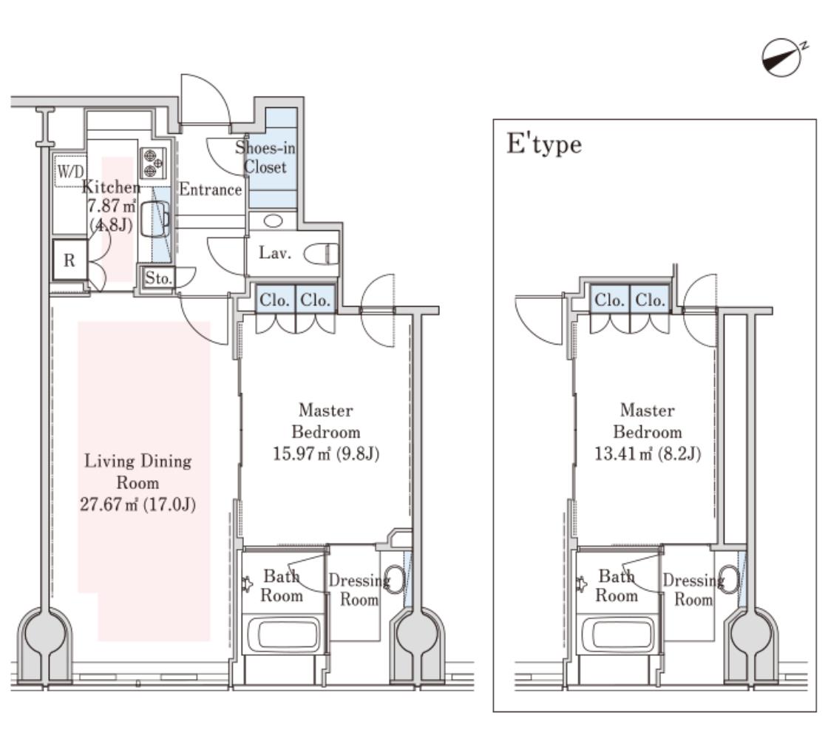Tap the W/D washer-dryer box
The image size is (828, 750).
point(70,171)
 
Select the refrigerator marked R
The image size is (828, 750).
point(69,260)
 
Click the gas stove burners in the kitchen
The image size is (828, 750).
point(153,163)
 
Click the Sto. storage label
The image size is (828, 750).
point(158,278)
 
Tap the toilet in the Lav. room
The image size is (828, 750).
point(321,254)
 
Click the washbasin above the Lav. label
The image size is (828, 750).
point(273,220)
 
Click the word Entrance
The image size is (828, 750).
point(210,189)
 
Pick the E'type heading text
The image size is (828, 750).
point(544,144)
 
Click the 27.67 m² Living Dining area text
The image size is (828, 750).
point(138,504)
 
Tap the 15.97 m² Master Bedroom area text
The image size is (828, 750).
point(326,453)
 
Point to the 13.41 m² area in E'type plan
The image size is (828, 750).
point(648,453)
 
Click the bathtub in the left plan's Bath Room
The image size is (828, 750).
point(282,635)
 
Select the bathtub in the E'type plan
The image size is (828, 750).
point(617,635)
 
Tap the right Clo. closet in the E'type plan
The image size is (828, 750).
point(651,300)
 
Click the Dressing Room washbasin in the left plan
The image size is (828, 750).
point(394,580)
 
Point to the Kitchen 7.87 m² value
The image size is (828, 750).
point(112,206)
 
